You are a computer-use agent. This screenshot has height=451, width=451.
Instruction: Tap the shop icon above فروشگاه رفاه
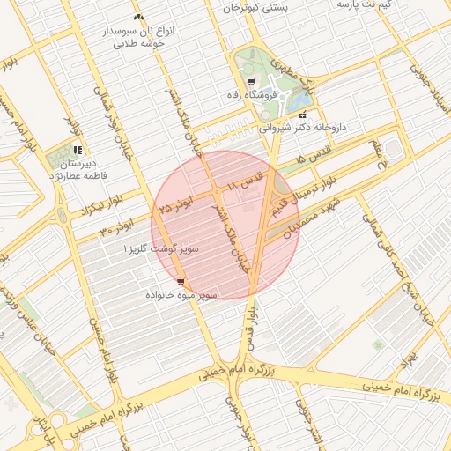pyautogui.click(x=251, y=82)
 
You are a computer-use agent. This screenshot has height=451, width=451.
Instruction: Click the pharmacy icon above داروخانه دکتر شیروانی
pyautogui.click(x=303, y=115)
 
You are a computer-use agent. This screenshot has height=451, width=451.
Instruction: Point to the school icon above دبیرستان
pyautogui.click(x=78, y=150)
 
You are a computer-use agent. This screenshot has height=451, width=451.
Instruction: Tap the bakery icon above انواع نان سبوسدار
pyautogui.click(x=137, y=17)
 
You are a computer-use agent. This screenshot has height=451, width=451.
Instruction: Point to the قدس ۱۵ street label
pyautogui.click(x=314, y=159)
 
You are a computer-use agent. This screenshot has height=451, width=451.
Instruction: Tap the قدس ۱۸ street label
pyautogui.click(x=246, y=183)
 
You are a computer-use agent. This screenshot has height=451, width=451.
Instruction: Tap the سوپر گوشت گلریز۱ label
pyautogui.click(x=161, y=250)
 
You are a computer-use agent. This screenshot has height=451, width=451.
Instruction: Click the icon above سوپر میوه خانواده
pyautogui.click(x=181, y=282)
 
